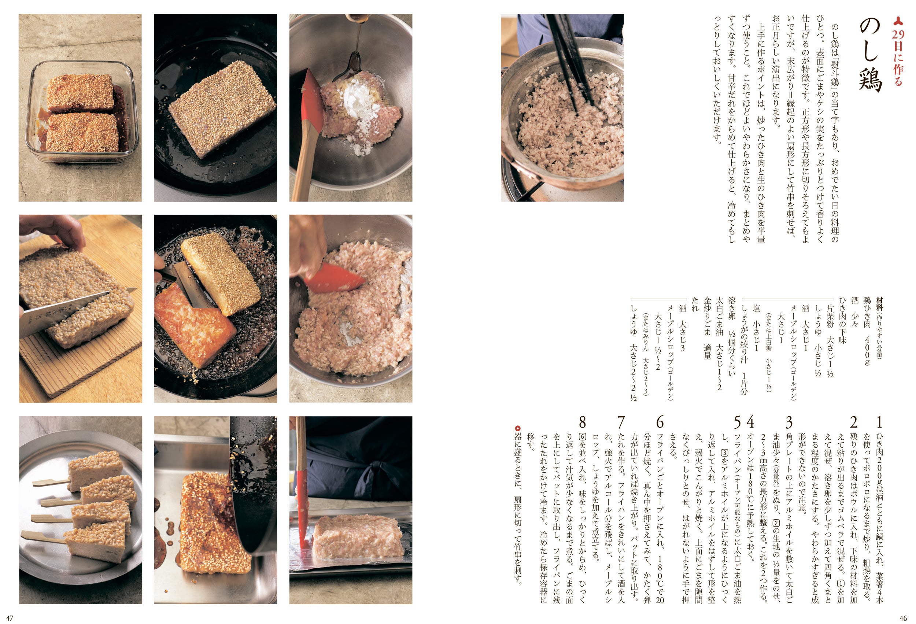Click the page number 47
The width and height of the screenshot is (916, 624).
point(10,618)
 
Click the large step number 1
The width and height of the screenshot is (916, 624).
point(879,422)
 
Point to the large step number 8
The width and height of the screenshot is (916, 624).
point(582,422)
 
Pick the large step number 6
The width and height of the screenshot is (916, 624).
point(660,422)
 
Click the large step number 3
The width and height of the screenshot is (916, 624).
point(789,422)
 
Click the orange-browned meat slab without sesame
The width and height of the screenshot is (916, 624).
point(194,329)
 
